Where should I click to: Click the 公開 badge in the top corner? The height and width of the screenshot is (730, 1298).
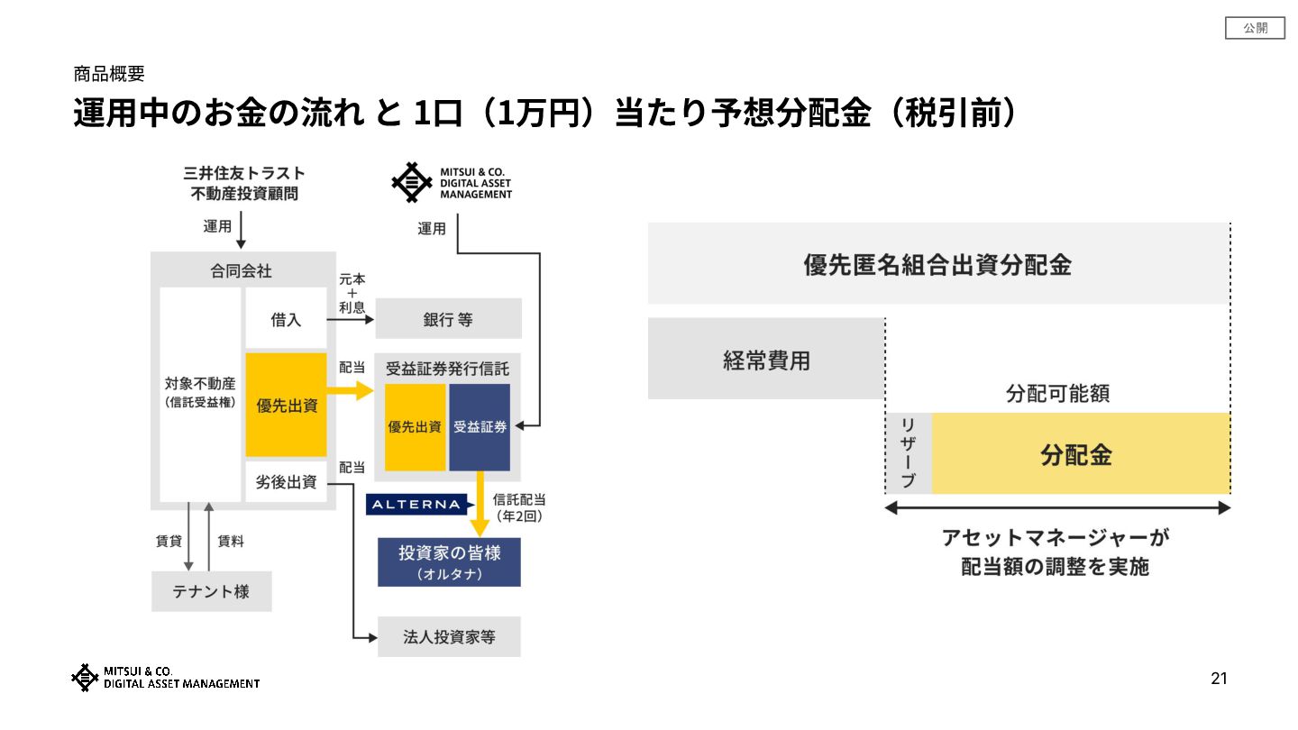1255,29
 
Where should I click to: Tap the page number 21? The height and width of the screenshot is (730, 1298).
1219,679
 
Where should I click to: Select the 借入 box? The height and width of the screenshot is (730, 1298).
286,319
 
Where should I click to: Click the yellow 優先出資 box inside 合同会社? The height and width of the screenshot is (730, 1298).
287,405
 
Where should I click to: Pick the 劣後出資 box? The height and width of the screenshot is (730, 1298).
286,482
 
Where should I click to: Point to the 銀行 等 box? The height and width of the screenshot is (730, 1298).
448,319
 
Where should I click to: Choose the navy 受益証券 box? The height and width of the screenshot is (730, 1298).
480,427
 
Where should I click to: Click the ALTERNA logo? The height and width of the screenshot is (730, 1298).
416,505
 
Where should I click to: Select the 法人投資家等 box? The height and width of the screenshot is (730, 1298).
449,637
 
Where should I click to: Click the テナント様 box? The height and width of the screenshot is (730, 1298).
212,592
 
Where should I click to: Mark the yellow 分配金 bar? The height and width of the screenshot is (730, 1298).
1080,454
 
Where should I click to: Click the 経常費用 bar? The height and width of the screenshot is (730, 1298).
766,360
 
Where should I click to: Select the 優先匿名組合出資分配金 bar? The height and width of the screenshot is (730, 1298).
937,264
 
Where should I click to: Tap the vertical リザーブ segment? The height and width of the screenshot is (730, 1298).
908,453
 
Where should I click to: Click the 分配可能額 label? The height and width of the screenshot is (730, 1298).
1057,394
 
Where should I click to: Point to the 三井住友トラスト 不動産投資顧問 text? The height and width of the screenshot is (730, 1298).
243,182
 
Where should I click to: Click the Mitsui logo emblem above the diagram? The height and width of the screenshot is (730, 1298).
412,182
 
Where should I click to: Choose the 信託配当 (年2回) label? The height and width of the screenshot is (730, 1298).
519,507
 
